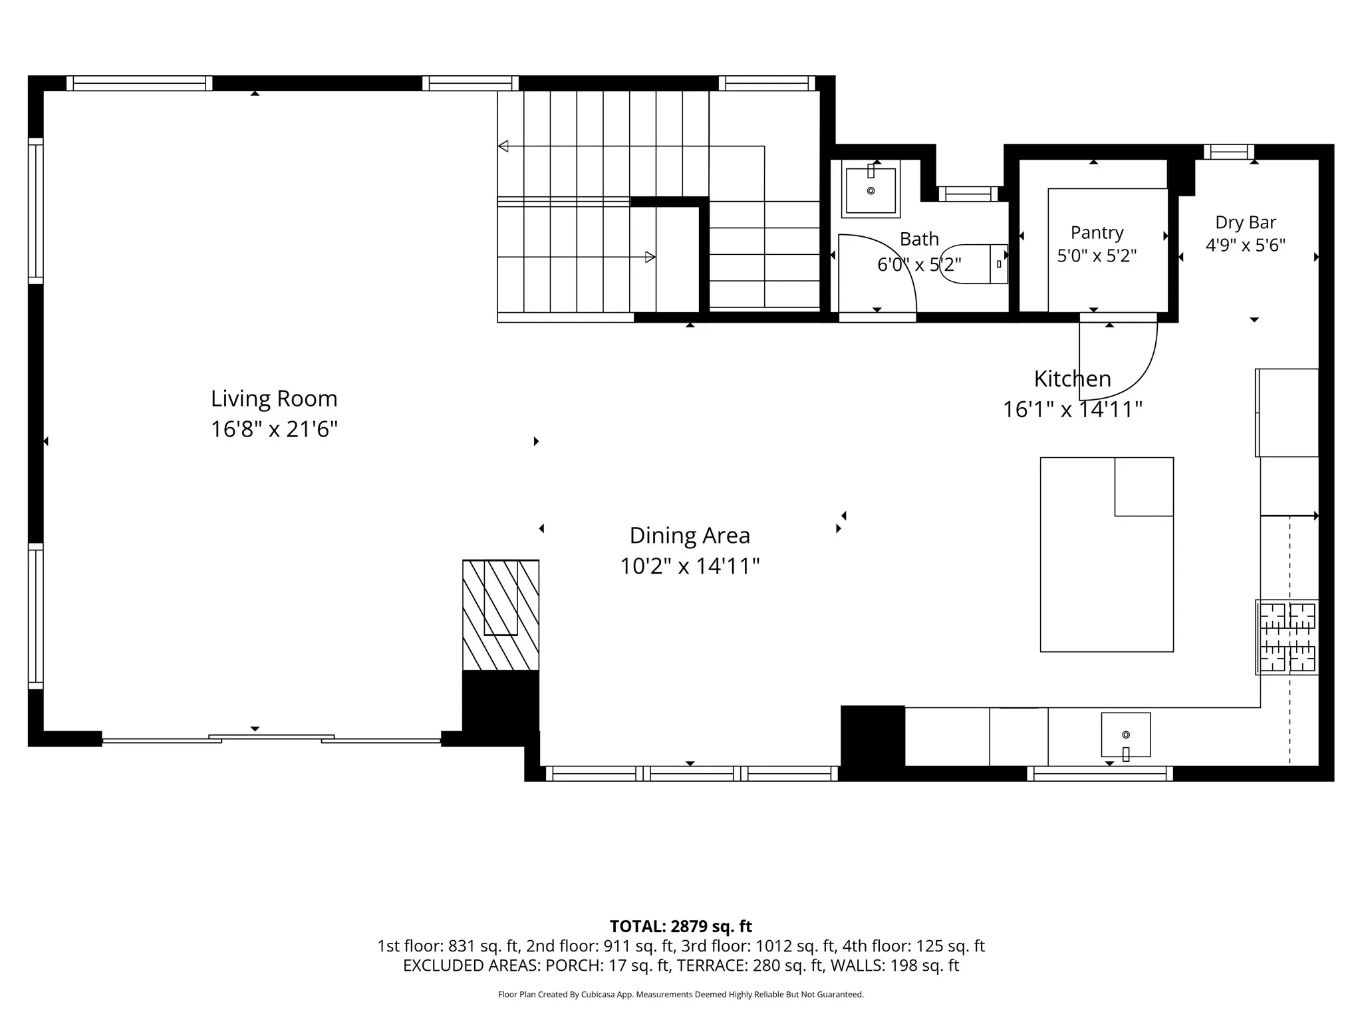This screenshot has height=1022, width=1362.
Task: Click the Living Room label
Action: (274, 399)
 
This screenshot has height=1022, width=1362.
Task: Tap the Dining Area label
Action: (690, 536)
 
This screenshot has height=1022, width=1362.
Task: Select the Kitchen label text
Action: (1072, 379)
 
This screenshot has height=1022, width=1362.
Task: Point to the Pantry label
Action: (1097, 233)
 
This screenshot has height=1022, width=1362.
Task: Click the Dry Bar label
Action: (1246, 222)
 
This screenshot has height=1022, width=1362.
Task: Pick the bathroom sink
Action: (871, 189)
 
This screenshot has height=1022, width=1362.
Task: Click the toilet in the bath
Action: (974, 264)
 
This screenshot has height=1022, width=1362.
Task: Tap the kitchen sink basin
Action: (1125, 735)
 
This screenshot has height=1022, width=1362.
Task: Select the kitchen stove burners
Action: (1287, 637)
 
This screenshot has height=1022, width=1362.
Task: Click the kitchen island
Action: (1107, 554)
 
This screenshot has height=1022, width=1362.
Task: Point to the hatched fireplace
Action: (501, 615)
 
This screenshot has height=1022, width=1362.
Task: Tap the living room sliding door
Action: (271, 739)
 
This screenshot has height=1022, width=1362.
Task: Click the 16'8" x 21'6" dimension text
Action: (274, 429)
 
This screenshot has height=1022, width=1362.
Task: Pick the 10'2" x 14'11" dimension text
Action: (690, 566)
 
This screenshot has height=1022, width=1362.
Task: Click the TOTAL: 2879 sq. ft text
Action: (681, 926)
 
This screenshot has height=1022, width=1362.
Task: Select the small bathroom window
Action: (968, 194)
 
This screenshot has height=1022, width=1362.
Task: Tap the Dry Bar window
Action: (1229, 152)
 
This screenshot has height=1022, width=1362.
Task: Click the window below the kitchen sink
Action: (1100, 774)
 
